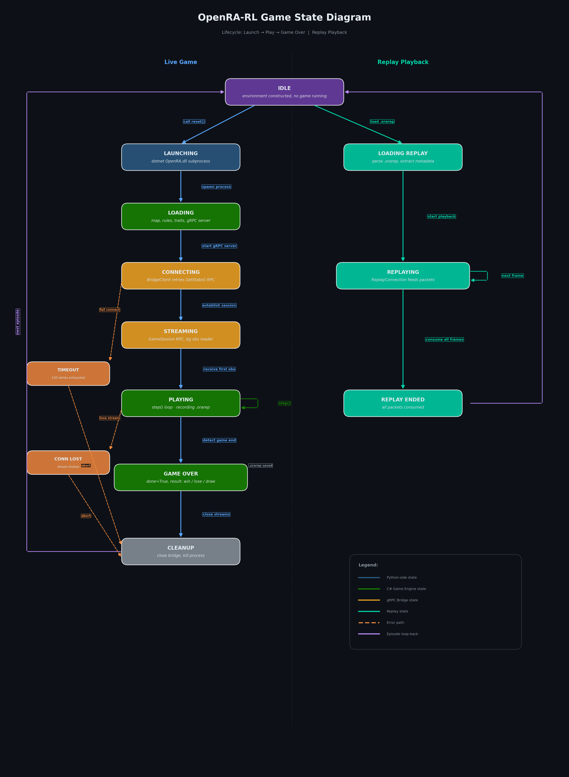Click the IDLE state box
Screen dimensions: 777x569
pos(284,92)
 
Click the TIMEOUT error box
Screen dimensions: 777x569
pos(68,373)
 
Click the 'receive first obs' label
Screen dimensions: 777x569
pos(219,369)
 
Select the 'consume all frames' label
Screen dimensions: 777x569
pos(444,340)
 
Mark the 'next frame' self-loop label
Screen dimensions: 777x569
pos(512,276)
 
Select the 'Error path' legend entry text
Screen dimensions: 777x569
pos(395,623)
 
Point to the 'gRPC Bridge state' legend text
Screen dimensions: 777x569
pos(402,600)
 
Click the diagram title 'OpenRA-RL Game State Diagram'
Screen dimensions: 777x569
pos(284,18)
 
